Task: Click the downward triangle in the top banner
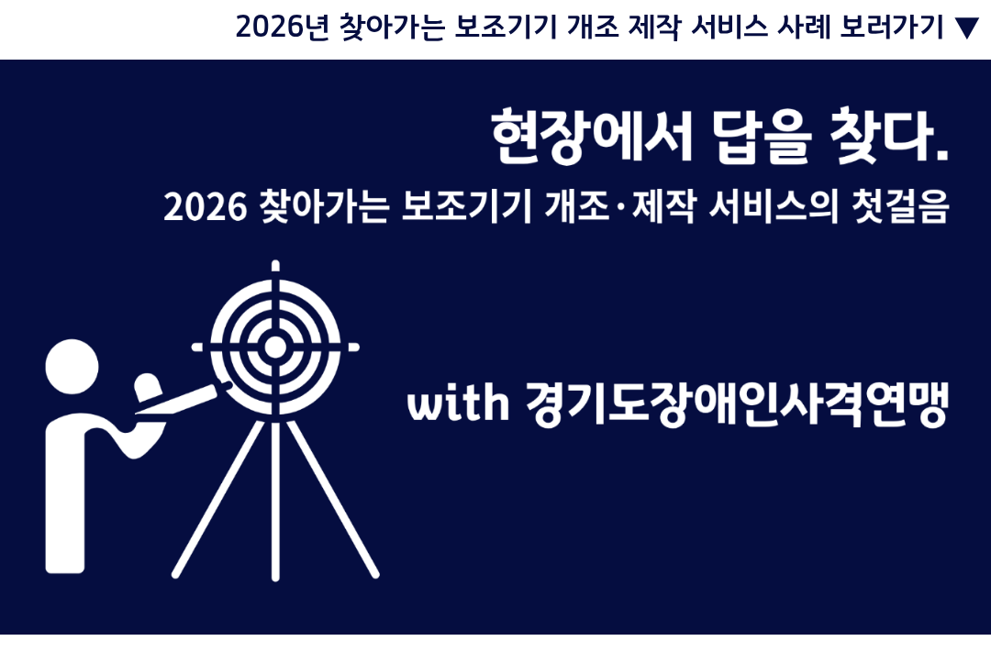[x=966, y=28]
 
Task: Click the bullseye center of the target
[x=274, y=348]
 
